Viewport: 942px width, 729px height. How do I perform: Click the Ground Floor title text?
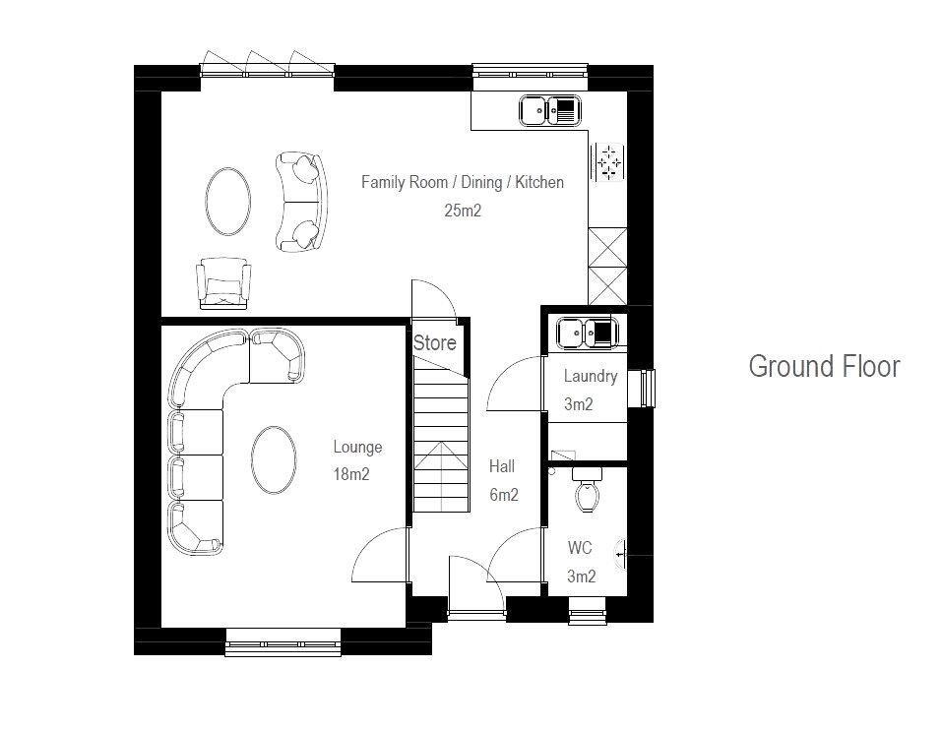[824, 367]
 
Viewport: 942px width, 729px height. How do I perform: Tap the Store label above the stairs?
[434, 343]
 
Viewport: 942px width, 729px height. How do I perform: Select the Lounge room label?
[357, 448]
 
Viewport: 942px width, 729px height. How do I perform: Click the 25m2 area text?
[462, 210]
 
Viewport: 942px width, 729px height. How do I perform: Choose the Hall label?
[502, 466]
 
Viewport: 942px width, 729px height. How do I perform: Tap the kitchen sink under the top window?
[550, 111]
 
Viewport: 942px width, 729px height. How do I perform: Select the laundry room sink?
[586, 334]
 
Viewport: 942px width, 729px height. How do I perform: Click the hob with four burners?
[610, 162]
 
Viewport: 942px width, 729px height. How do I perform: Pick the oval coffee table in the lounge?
[274, 459]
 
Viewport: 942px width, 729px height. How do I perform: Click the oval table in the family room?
[227, 201]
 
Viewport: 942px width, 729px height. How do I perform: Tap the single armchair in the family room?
[224, 282]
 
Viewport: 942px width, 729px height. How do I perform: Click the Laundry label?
[591, 376]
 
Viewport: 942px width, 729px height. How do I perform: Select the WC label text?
[581, 548]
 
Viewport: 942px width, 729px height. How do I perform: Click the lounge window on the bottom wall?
[283, 647]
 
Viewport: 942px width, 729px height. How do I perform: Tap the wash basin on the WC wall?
[620, 556]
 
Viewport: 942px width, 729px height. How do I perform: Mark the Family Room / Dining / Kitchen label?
[462, 182]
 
